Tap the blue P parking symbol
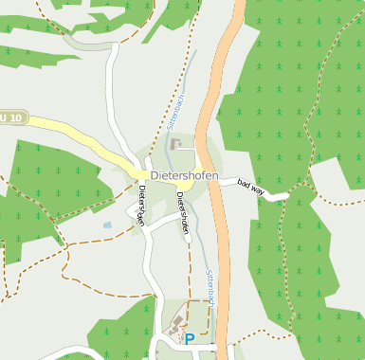point(190,338)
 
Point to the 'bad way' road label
point(251,188)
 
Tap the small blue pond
point(107,226)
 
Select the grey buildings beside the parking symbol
point(175,329)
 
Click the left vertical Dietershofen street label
point(140,205)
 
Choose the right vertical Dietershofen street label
point(182,212)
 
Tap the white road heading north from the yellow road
point(114,85)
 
